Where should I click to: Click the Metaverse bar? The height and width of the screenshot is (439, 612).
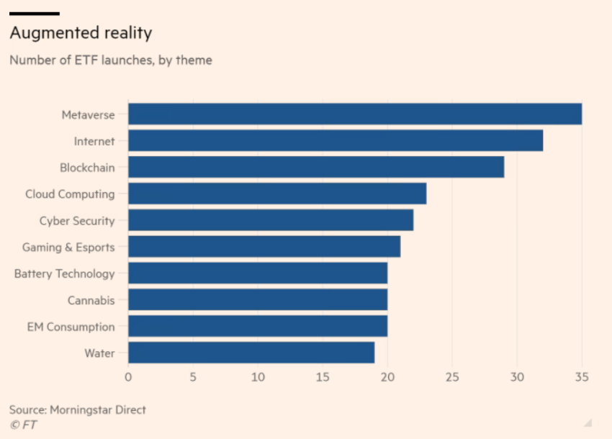click(354, 114)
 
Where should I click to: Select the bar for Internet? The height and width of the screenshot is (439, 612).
click(335, 141)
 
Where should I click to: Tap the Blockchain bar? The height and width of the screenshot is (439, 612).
click(315, 168)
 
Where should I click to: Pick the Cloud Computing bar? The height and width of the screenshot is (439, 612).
click(276, 194)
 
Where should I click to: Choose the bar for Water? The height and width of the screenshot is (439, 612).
click(251, 353)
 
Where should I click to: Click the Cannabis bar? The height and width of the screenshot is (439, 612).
click(257, 300)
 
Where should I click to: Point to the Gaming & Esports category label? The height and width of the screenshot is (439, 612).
click(68, 248)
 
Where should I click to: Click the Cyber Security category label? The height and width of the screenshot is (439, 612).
click(77, 221)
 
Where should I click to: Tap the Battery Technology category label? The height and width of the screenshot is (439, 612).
click(64, 274)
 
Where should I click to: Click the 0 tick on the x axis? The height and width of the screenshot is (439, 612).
click(128, 376)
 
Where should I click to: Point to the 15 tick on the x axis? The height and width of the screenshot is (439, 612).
click(323, 376)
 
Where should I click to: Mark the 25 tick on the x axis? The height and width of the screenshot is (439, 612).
click(452, 376)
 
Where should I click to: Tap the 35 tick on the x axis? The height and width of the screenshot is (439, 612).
click(582, 376)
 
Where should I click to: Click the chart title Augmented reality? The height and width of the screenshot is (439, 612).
click(81, 33)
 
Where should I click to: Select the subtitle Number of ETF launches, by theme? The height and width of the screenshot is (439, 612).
click(111, 60)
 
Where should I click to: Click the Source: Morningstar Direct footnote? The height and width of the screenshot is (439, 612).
click(78, 410)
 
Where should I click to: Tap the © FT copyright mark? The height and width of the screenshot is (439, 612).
click(23, 425)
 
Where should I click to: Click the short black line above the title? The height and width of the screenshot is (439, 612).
click(34, 14)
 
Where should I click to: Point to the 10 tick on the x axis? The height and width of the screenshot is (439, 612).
click(258, 376)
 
